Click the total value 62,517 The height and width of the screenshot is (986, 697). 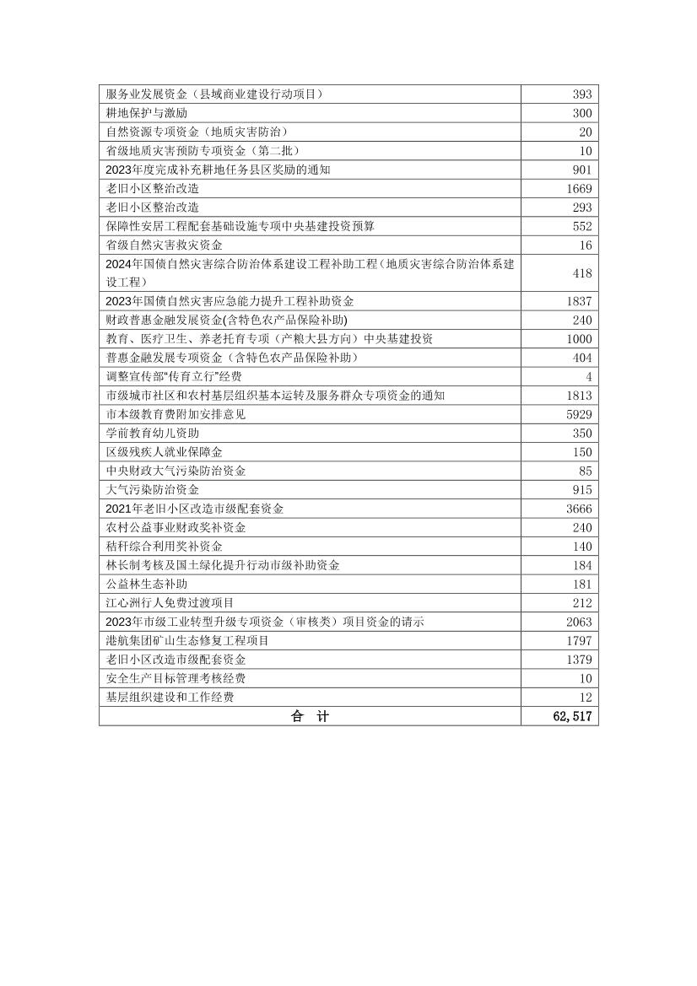(x=570, y=717)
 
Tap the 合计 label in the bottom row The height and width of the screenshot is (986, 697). (x=310, y=717)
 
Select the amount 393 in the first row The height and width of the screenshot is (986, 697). (x=582, y=94)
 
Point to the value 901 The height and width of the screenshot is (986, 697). (x=582, y=170)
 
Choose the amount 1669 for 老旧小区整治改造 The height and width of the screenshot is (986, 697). (x=579, y=188)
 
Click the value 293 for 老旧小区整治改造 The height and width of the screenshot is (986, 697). (x=582, y=207)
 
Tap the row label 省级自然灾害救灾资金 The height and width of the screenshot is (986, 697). (x=165, y=245)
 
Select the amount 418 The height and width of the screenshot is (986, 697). (x=582, y=273)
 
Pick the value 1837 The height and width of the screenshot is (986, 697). (x=579, y=301)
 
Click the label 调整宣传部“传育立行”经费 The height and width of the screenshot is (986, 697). (x=174, y=376)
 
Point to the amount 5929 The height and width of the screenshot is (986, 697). (x=579, y=414)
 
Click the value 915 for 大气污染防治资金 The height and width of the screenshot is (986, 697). (x=582, y=489)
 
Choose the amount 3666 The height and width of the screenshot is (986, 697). (x=579, y=509)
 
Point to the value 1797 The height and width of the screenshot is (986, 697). (x=579, y=641)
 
